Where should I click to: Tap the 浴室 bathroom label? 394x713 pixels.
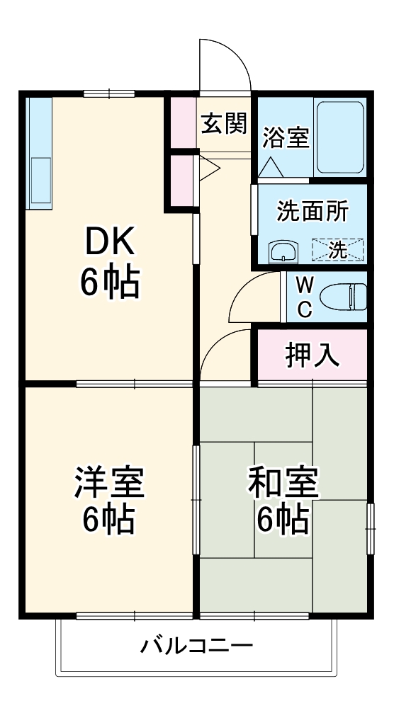tap(286, 137)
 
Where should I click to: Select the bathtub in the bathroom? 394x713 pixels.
tap(339, 137)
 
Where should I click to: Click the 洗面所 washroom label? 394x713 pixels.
tap(312, 211)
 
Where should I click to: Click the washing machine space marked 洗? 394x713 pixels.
tap(338, 249)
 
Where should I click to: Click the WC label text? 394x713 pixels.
tap(303, 297)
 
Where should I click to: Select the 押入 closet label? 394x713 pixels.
tap(312, 355)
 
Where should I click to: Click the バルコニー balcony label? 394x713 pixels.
tap(196, 646)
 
